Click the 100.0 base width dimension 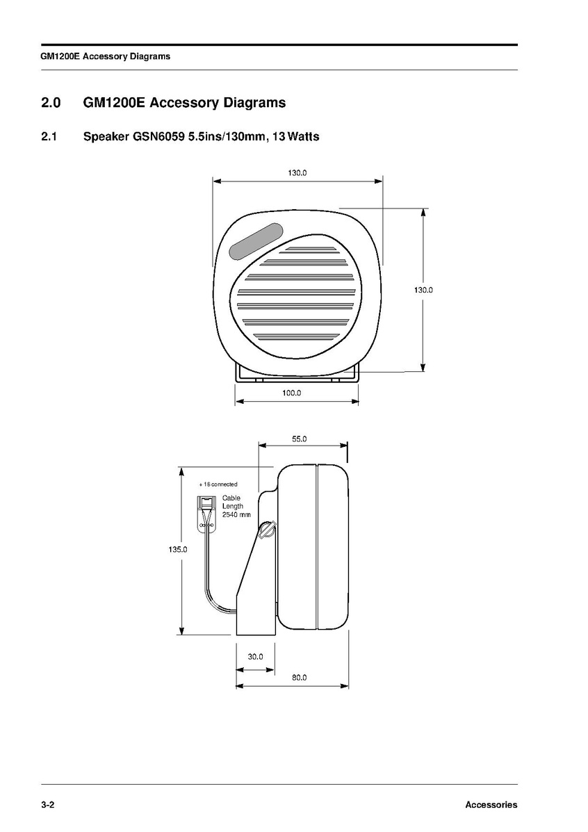pyautogui.click(x=292, y=393)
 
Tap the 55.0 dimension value pyautogui.click(x=300, y=439)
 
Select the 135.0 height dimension pyautogui.click(x=178, y=550)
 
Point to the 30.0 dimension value pyautogui.click(x=255, y=657)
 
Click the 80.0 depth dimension pyautogui.click(x=300, y=678)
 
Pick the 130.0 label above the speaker pyautogui.click(x=297, y=173)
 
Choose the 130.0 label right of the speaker pyautogui.click(x=423, y=291)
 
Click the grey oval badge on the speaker pyautogui.click(x=256, y=241)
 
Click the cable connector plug pyautogui.click(x=206, y=514)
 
